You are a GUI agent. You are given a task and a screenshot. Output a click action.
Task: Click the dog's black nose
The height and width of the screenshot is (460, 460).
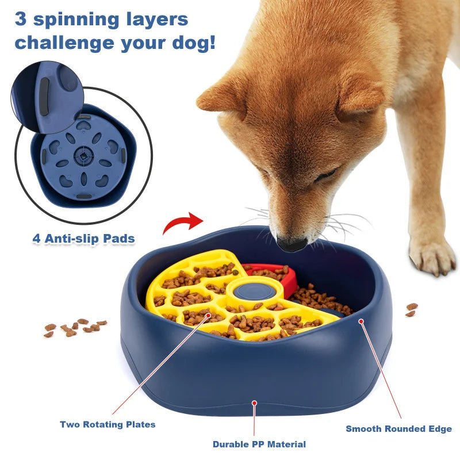(292, 244)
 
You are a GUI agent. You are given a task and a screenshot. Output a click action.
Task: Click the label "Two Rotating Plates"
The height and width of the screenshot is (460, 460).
(108, 424)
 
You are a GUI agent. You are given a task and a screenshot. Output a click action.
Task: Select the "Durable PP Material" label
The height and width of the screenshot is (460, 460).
(259, 444)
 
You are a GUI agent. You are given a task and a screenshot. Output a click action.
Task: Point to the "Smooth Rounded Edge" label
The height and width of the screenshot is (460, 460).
(398, 428)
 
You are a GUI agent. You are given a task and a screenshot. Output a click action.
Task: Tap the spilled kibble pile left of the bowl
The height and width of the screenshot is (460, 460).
(75, 327)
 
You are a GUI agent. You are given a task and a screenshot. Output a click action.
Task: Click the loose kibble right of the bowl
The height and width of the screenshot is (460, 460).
(411, 310)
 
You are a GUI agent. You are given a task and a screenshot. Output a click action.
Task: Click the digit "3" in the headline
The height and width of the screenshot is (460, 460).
(21, 19)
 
